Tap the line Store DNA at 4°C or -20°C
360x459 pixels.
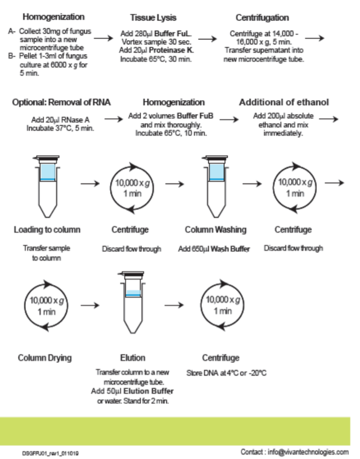[226, 373]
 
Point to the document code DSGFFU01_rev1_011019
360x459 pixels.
[50, 452]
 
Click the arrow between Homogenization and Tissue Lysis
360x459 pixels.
[103, 39]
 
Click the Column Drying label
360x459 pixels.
[44, 358]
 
